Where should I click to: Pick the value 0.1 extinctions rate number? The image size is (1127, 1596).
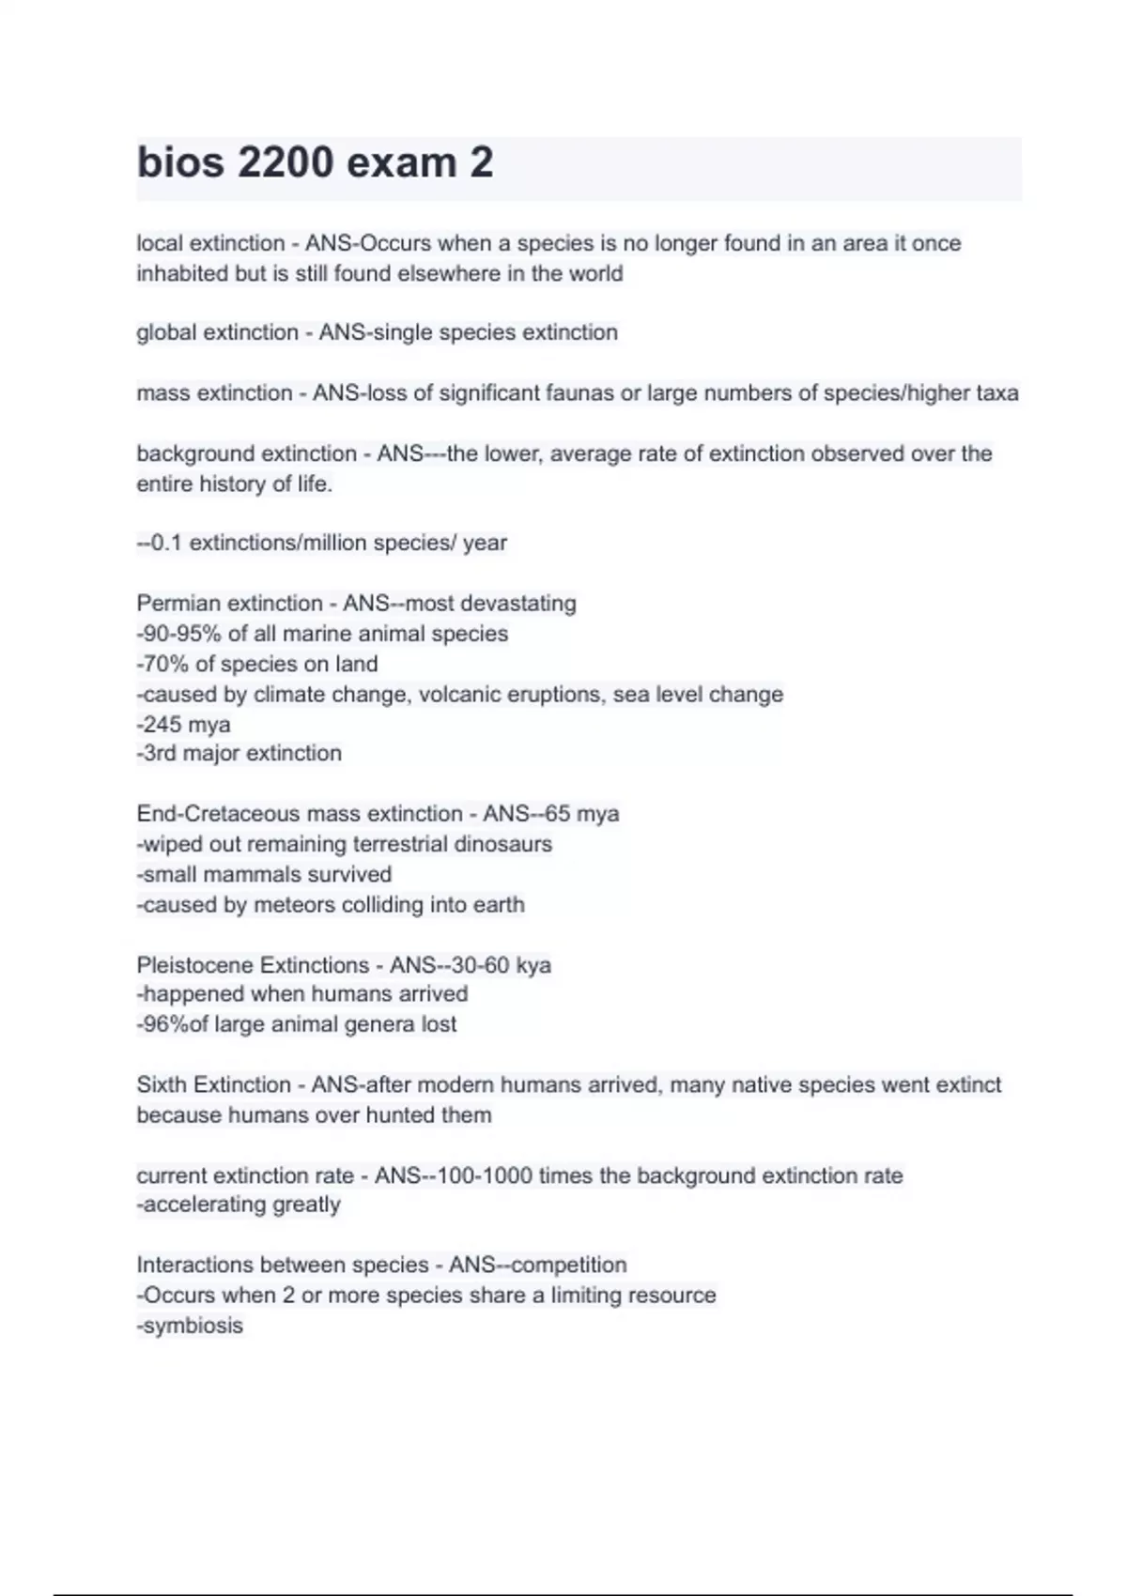click(x=165, y=543)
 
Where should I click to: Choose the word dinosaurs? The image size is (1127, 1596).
click(x=502, y=844)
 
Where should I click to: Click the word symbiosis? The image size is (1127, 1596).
click(x=193, y=1326)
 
